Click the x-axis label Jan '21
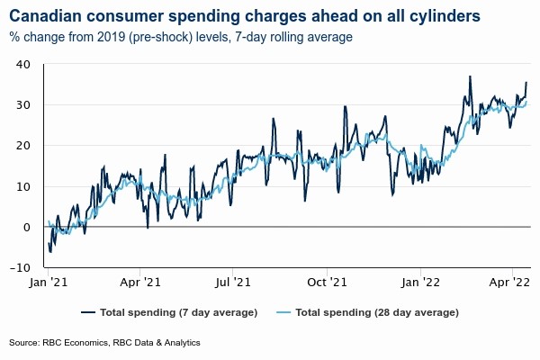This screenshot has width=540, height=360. [x=49, y=283]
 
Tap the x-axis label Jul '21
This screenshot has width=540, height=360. [x=234, y=283]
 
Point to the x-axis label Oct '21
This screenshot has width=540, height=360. [x=328, y=283]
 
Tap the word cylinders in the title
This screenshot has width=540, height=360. [x=442, y=15]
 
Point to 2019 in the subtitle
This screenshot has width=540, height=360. [x=120, y=37]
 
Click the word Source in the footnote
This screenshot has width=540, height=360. [x=24, y=343]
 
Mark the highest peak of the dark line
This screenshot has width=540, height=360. [x=470, y=76]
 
